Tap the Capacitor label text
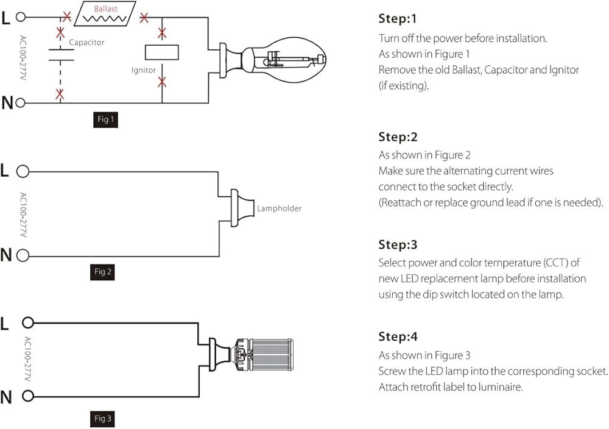tap(86, 43)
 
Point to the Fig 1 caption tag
tap(105, 119)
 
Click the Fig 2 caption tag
tap(103, 272)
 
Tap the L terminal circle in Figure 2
tap(23, 171)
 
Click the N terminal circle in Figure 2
tap(23, 255)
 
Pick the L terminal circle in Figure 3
tap(27, 322)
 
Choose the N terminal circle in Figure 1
tap(21, 102)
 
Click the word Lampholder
tap(279, 208)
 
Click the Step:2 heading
tap(398, 136)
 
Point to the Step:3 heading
tap(398, 245)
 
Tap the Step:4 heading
tap(398, 336)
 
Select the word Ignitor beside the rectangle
tap(144, 70)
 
